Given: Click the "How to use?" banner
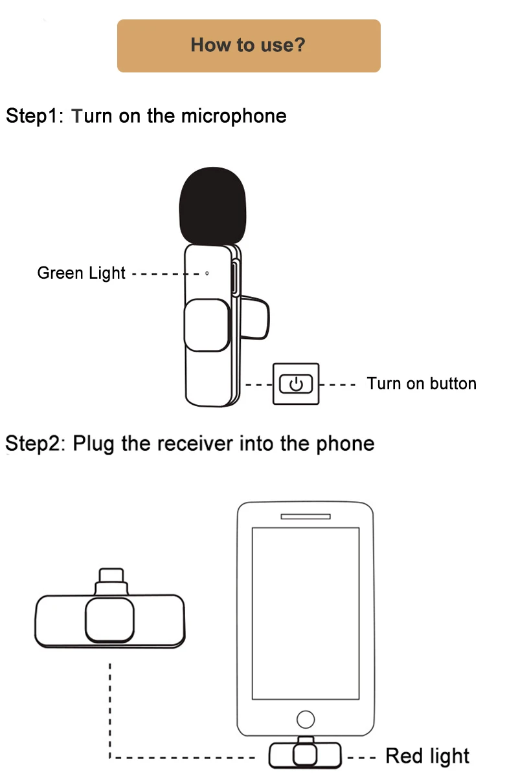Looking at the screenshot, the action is [249, 46].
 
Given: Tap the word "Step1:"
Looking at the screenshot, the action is [34, 116].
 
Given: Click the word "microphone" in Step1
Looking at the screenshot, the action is [234, 116].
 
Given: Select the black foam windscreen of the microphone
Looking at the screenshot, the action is [212, 206].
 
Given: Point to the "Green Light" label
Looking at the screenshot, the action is [81, 274].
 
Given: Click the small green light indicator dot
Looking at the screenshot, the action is [207, 274].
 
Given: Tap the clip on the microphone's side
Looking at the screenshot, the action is [254, 318].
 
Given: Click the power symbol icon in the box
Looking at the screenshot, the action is [296, 384].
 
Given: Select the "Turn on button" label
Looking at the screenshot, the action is [422, 384].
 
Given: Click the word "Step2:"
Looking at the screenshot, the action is [36, 444].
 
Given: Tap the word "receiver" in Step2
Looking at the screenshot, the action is [195, 444].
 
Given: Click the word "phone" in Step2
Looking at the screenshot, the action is [345, 444].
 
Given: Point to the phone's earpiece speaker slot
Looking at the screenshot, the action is [306, 517].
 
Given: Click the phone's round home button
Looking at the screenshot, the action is [306, 720].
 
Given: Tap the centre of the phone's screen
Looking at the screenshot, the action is [306, 614].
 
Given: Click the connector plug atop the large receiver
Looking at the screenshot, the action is [111, 581].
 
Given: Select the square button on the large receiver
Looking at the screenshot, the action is [109, 620].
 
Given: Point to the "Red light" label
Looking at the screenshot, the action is [427, 755].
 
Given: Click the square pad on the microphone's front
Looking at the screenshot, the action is [207, 325].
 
